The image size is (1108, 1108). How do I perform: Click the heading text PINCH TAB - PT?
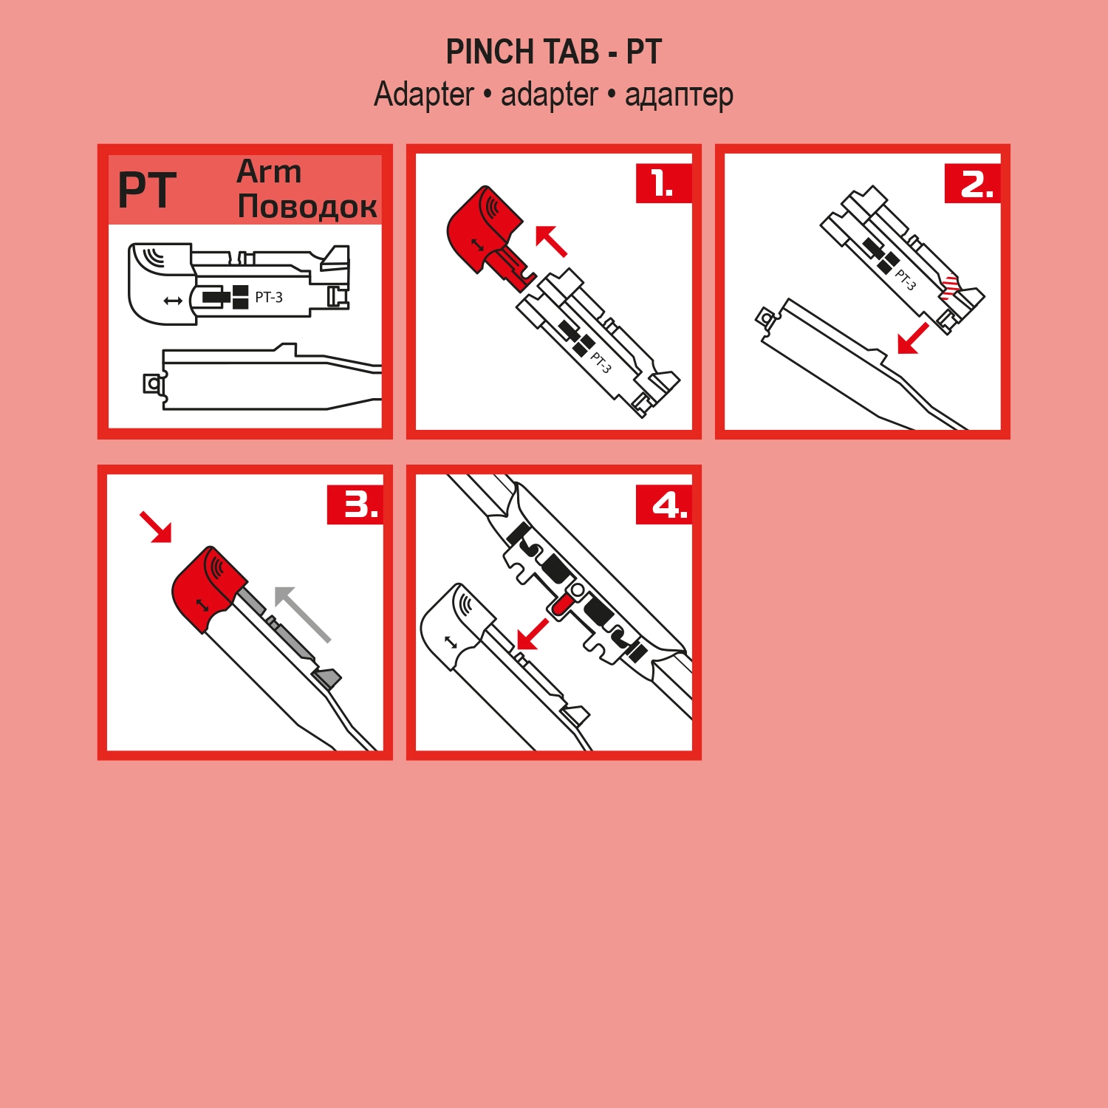point(553,52)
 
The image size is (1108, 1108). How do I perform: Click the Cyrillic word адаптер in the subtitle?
point(679,95)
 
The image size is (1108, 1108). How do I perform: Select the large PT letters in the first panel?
point(147,191)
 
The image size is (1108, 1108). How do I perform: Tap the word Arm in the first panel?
point(269,171)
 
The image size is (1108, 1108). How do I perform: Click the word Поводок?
point(307,206)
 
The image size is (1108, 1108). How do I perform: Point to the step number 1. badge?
point(663,183)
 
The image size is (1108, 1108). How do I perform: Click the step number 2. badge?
point(972,183)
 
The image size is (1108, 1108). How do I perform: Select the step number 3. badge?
point(355,505)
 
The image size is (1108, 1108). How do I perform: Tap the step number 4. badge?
point(663,505)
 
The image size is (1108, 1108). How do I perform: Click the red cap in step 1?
point(480,225)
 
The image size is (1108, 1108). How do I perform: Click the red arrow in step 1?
point(551,241)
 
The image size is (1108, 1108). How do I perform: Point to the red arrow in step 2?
point(913,338)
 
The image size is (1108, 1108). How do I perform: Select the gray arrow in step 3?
point(301,613)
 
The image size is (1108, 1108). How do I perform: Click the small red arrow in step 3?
point(156,527)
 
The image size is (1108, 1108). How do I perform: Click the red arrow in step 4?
point(533,634)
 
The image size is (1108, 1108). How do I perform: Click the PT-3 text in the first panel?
point(269,298)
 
